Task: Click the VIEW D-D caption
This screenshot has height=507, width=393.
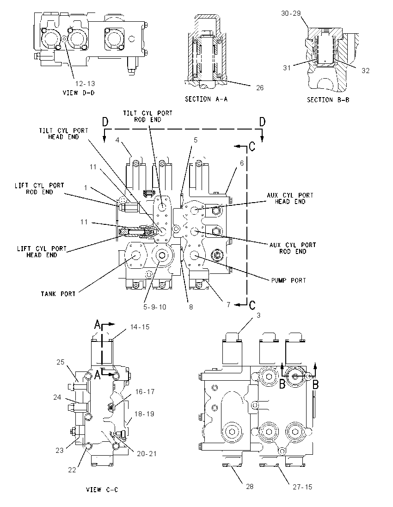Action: [x=79, y=93]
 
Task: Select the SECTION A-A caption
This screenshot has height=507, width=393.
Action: [x=206, y=99]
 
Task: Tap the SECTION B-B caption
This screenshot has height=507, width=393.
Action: [x=328, y=99]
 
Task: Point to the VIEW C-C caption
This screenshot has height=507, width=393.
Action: [x=102, y=489]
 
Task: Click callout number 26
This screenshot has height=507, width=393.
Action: [x=260, y=87]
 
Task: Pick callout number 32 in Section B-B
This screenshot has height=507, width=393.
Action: [x=366, y=70]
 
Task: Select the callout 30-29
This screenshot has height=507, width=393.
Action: [x=291, y=13]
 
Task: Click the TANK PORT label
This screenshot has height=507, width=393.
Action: [x=58, y=294]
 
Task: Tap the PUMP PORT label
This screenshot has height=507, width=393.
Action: [x=289, y=280]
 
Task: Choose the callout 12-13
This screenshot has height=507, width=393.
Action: [x=86, y=83]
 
